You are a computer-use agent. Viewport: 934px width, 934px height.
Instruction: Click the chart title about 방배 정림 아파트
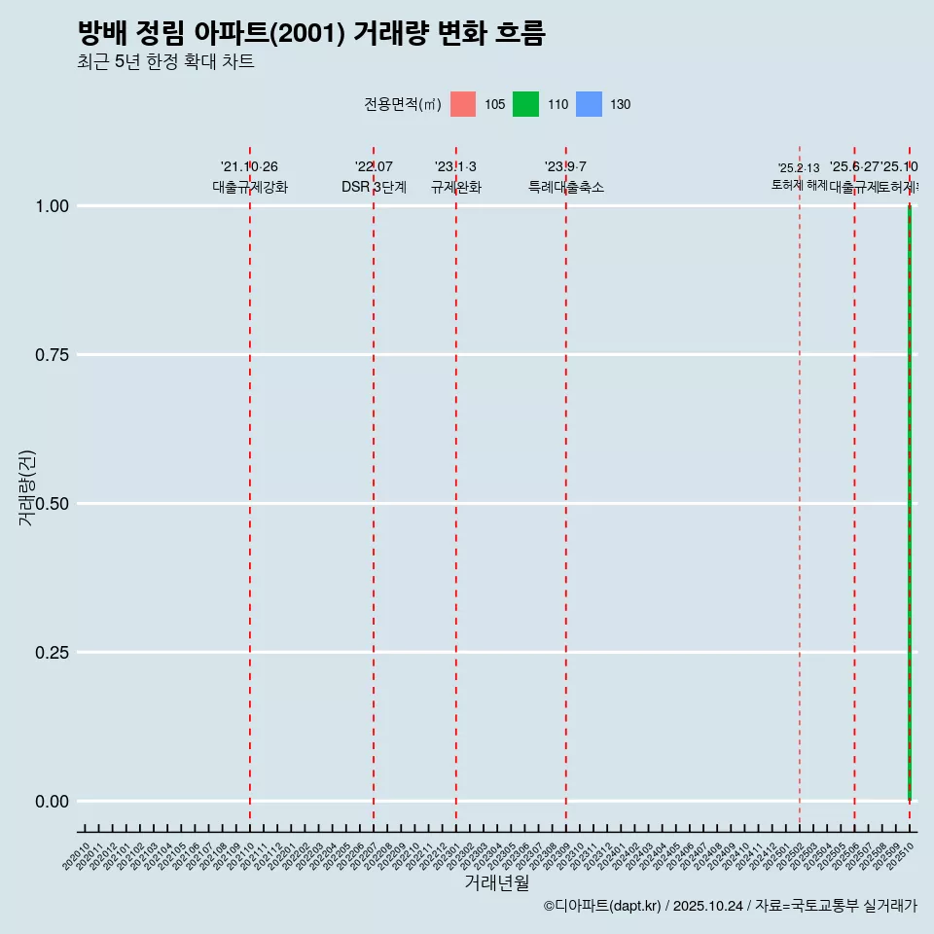point(311,34)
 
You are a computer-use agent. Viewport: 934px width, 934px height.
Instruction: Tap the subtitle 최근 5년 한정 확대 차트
point(165,62)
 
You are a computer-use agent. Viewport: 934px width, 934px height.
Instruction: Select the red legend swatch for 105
point(463,104)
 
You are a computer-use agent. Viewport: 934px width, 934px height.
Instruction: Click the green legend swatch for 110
point(525,104)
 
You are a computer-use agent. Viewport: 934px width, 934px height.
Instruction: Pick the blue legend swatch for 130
point(589,104)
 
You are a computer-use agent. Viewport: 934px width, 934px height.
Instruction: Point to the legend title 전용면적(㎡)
point(403,104)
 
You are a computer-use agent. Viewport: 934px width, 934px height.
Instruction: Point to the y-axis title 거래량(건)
point(26,487)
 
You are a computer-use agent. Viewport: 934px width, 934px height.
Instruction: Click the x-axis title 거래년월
point(496,882)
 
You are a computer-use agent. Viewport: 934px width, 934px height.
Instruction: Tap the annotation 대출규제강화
point(250,187)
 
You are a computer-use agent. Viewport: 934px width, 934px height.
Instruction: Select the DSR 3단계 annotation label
point(374,187)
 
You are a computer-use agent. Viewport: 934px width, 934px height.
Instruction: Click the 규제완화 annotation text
point(456,187)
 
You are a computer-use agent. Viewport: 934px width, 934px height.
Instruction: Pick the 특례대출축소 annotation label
point(566,187)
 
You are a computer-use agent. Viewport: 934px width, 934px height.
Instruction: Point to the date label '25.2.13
point(799,168)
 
